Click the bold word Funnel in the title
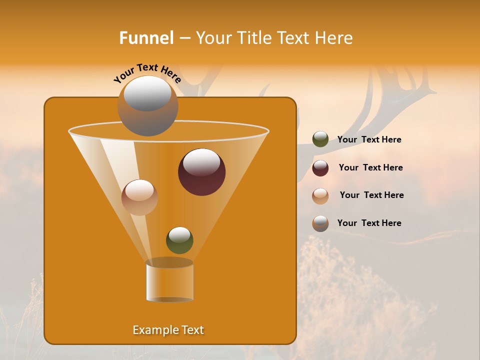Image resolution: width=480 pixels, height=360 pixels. click(x=146, y=38)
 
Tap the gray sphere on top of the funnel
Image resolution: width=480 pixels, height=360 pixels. click(x=147, y=106)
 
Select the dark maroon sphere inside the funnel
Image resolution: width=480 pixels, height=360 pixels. click(x=201, y=172)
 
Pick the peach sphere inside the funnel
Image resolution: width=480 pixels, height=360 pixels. click(x=139, y=197)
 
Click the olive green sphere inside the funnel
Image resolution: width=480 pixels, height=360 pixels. click(x=179, y=240)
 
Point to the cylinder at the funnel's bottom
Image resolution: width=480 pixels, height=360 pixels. click(x=169, y=281)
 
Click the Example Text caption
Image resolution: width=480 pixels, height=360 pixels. click(x=168, y=330)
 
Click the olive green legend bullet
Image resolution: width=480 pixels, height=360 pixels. click(x=320, y=139)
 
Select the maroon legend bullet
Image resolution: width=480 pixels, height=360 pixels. click(x=320, y=168)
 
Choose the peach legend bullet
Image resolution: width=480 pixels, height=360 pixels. click(x=320, y=195)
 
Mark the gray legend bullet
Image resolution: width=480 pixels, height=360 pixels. click(x=320, y=223)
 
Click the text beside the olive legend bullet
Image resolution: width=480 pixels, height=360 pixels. click(x=369, y=140)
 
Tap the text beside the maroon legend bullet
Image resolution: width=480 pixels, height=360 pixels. click(x=370, y=168)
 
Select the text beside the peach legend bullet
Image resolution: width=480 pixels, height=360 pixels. click(x=371, y=195)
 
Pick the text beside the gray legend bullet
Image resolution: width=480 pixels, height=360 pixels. click(x=369, y=223)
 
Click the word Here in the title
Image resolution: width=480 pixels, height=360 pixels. click(x=334, y=38)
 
